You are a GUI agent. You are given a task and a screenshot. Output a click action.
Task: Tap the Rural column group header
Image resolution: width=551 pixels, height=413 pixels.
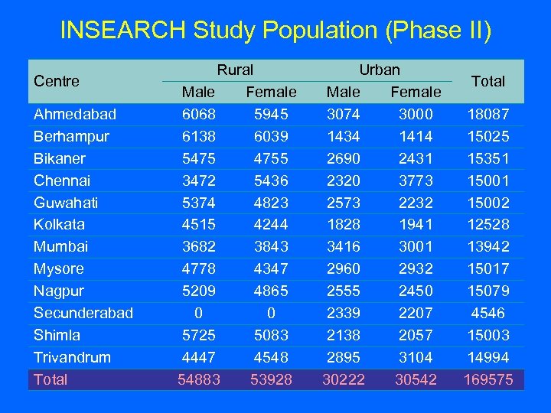(x=235, y=70)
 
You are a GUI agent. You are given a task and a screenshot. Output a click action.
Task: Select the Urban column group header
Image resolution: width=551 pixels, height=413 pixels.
(x=380, y=70)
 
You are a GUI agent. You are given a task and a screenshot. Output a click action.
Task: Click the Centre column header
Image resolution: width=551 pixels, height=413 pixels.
(x=57, y=80)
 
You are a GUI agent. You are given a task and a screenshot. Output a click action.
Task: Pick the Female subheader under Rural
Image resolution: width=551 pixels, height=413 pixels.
(x=271, y=92)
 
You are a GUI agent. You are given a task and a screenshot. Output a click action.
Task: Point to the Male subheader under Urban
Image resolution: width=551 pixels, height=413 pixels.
(x=343, y=92)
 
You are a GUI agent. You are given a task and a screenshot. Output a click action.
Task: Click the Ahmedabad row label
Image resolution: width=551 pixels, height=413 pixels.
(x=75, y=114)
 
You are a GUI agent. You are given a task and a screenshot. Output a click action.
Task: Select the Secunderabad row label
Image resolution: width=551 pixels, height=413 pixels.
(x=83, y=313)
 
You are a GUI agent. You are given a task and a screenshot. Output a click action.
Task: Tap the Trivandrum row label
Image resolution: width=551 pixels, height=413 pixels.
(x=72, y=357)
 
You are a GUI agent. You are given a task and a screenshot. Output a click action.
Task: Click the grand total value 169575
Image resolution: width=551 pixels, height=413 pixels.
(x=488, y=379)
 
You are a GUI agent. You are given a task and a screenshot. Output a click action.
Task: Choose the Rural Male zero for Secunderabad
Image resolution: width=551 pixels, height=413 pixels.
(x=198, y=313)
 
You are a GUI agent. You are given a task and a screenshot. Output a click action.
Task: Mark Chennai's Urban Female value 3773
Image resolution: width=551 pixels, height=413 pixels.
(x=416, y=180)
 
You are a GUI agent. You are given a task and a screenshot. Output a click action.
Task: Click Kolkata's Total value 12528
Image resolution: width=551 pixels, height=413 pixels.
(x=488, y=224)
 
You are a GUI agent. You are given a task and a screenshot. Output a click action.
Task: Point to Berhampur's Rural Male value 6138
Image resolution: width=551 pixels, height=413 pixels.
(x=198, y=136)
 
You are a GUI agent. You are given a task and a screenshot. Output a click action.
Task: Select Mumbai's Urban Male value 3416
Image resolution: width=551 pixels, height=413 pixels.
(x=343, y=246)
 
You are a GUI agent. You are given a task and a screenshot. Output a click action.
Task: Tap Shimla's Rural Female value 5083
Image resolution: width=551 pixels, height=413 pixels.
(x=271, y=335)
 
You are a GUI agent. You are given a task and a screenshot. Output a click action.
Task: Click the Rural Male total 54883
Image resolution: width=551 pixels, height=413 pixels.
(x=198, y=379)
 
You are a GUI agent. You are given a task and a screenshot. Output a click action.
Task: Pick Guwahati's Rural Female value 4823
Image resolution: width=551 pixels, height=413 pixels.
(x=271, y=203)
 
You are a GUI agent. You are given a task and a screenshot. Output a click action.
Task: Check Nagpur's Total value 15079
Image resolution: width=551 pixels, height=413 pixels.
(x=488, y=291)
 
